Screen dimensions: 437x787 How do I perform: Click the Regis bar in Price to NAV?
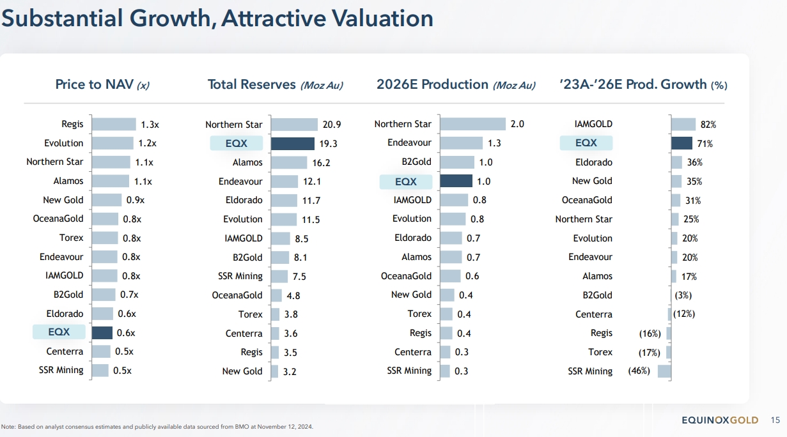click(114, 125)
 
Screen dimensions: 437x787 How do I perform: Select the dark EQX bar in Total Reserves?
click(292, 144)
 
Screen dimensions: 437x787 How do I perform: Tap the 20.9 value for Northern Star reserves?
click(332, 125)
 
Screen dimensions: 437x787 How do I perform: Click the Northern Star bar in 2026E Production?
click(473, 124)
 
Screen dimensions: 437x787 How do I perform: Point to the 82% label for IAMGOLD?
click(708, 125)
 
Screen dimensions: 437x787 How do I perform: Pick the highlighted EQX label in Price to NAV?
click(59, 332)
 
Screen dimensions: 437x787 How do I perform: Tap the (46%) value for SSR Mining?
click(639, 371)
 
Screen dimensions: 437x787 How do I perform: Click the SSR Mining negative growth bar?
click(664, 371)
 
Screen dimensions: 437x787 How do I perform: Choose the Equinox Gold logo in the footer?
click(720, 420)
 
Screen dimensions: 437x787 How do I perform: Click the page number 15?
click(775, 420)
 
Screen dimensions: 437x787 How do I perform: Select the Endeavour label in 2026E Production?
click(409, 143)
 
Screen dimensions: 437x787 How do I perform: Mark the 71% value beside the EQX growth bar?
click(705, 144)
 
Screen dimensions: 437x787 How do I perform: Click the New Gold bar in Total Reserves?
click(275, 371)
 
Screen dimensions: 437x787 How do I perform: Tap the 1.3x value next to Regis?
click(150, 125)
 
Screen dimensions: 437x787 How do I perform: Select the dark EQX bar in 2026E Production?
click(456, 181)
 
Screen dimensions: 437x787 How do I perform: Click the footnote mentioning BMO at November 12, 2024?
click(157, 426)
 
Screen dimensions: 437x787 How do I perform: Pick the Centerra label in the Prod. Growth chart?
click(593, 314)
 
